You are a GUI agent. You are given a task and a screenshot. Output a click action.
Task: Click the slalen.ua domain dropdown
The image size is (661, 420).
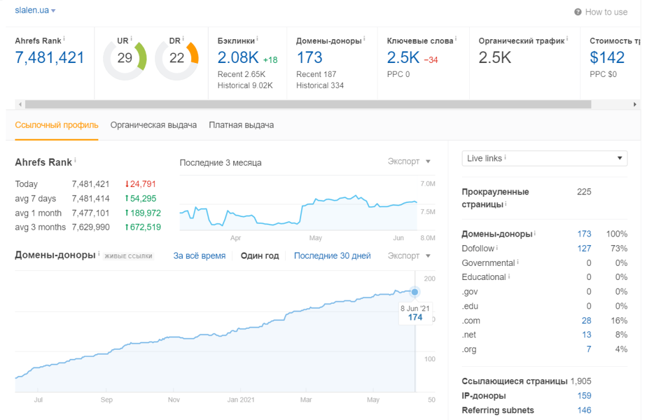pos(35,10)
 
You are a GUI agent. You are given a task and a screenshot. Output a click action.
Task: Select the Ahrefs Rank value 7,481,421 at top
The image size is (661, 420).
pos(49,57)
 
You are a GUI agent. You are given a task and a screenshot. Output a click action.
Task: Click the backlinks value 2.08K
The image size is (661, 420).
pos(238,57)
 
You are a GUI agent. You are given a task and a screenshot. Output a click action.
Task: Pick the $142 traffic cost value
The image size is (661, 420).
pos(607,57)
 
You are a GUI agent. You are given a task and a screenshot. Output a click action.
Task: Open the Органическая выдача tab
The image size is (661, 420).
pos(153,125)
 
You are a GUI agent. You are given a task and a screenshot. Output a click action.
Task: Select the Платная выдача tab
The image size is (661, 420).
pos(241,125)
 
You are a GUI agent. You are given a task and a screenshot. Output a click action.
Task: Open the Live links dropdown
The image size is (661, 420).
pos(544,158)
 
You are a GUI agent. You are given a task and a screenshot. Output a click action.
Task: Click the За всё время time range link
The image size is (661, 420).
pos(199,256)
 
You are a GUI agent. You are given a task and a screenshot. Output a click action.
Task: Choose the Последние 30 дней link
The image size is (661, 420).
pos(332,256)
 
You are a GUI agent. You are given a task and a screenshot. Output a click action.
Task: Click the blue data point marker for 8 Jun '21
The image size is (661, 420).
pos(415,292)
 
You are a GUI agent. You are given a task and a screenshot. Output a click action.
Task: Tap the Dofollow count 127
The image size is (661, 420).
pos(584,248)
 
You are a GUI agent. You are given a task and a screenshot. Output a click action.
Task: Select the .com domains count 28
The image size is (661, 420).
pos(586,320)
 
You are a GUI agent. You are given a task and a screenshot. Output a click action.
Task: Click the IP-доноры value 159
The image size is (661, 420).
pos(584,396)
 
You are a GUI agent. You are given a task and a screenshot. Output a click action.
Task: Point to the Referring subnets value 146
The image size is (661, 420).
pos(584,410)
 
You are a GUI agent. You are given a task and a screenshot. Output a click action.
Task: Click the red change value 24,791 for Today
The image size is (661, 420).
pos(141,184)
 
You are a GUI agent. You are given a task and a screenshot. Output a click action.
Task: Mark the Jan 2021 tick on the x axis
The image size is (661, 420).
pos(241,400)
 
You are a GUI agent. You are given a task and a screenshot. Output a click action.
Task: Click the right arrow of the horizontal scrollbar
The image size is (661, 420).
pos(635,104)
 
